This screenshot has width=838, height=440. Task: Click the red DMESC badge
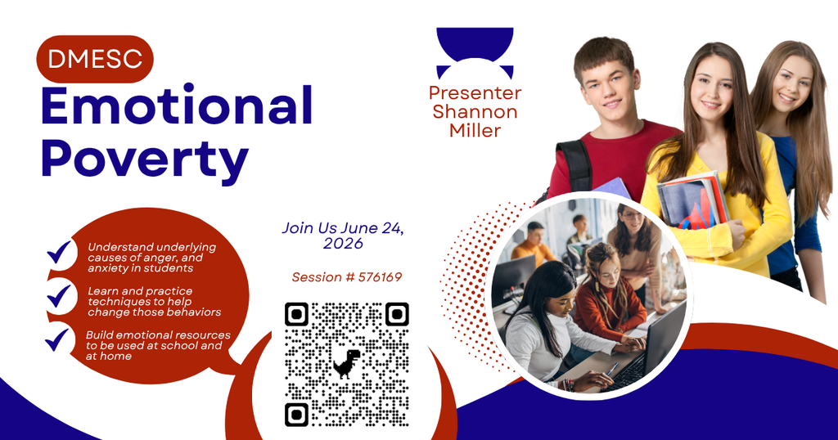pyautogui.click(x=95, y=59)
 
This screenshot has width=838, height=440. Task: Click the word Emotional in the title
pyautogui.click(x=177, y=107)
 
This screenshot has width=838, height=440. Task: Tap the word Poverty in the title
pyautogui.click(x=145, y=159)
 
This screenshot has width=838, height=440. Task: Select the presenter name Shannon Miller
pyautogui.click(x=475, y=120)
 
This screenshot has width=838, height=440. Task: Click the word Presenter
pyautogui.click(x=475, y=92)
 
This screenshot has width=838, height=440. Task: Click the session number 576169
pyautogui.click(x=381, y=277)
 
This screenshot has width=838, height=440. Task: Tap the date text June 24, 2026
pyautogui.click(x=344, y=236)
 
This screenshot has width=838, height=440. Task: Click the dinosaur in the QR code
pyautogui.click(x=346, y=363)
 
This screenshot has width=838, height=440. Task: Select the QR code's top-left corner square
pyautogui.click(x=297, y=314)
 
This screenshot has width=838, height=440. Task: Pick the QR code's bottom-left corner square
pyautogui.click(x=297, y=414)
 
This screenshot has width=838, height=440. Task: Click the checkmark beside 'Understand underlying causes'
pyautogui.click(x=60, y=253)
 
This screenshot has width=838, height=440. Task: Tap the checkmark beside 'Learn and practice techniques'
pyautogui.click(x=60, y=295)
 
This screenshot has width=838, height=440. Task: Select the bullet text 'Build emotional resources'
pyautogui.click(x=158, y=345)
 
